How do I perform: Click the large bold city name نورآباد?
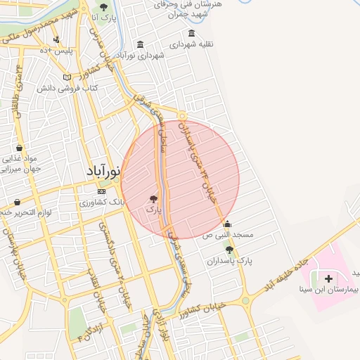pos(103,171)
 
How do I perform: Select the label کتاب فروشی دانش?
pos(70,89)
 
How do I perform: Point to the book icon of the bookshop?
pos(67,77)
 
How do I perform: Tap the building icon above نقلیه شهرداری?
pos(191,33)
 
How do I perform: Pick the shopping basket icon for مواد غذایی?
pos(18,148)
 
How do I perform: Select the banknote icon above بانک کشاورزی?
pos(102,191)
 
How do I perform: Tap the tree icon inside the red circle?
pos(154,199)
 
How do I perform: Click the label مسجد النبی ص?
pos(228,234)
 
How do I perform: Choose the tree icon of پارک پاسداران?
pos(229,250)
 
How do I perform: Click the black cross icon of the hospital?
pos(329,278)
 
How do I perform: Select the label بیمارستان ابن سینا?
pos(329,289)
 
